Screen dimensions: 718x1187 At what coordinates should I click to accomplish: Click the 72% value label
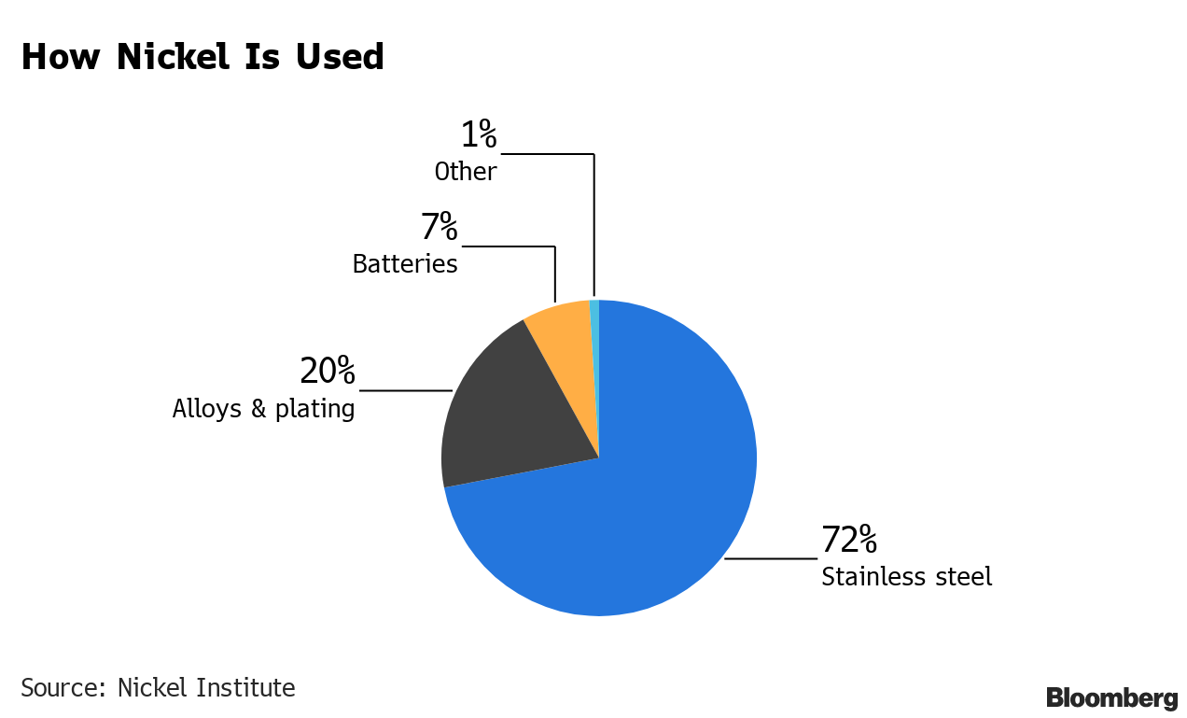click(848, 540)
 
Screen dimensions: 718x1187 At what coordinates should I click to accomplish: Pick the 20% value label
click(327, 372)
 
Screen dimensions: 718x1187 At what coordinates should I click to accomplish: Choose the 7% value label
click(439, 228)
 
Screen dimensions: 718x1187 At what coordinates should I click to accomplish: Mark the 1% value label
click(478, 136)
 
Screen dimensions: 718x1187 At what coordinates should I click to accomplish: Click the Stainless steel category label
click(906, 577)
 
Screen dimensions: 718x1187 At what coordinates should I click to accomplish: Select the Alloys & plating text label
click(263, 409)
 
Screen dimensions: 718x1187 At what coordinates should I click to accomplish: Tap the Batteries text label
click(404, 264)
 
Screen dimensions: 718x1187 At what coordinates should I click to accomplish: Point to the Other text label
click(465, 173)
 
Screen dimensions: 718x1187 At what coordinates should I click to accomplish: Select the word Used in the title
click(340, 57)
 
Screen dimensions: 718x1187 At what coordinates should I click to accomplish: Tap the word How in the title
click(59, 57)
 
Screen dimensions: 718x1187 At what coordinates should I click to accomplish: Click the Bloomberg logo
click(1110, 697)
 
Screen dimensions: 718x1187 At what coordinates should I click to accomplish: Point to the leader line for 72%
click(770, 558)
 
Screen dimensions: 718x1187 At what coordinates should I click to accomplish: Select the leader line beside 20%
click(405, 390)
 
